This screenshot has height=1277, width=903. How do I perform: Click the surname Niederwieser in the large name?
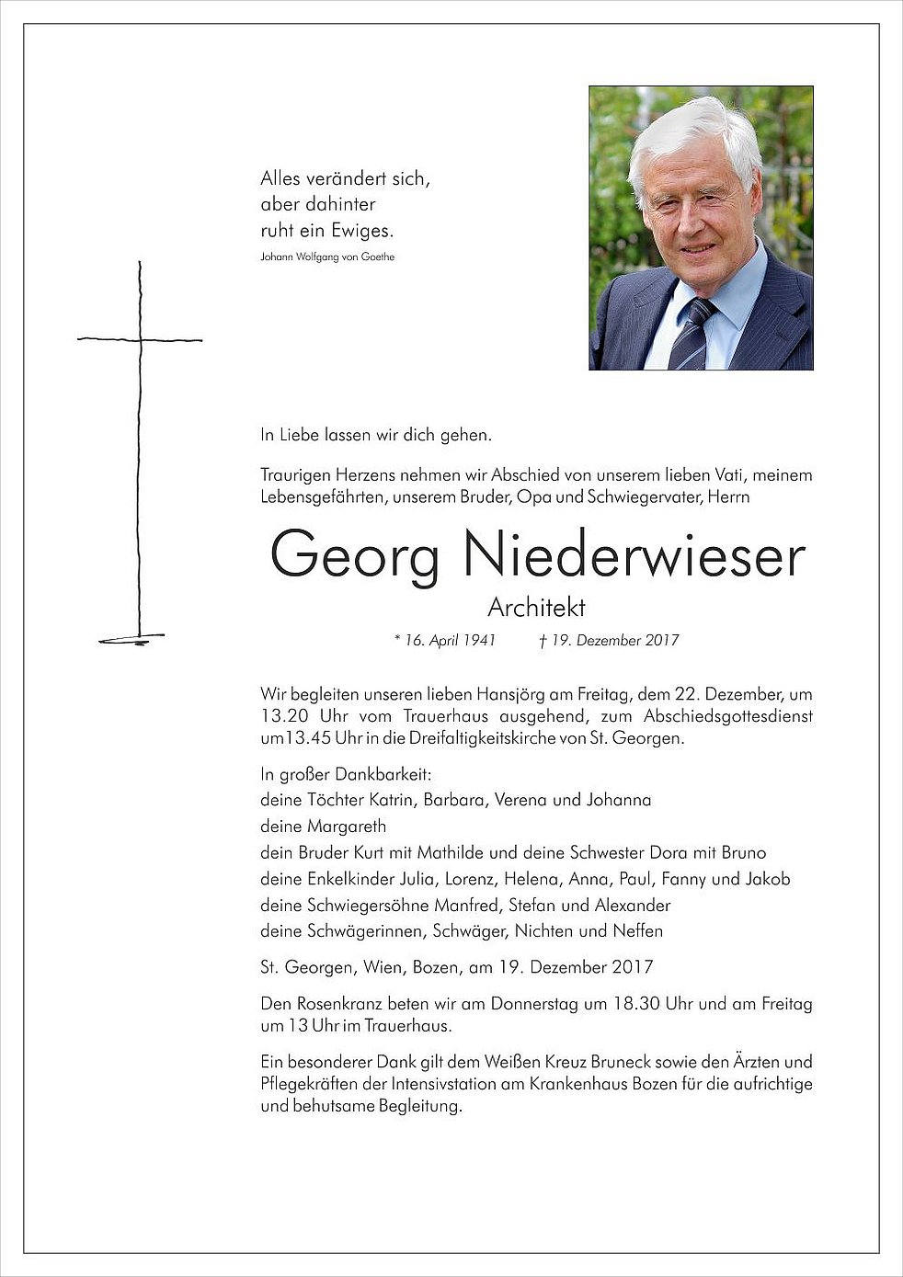634,555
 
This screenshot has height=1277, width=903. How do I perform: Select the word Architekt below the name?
536,608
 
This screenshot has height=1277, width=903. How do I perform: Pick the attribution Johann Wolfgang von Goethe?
327,257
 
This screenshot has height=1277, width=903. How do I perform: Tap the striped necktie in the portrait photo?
690,336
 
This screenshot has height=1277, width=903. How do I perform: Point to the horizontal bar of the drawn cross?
140,340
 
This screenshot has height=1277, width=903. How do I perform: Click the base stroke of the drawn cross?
131,639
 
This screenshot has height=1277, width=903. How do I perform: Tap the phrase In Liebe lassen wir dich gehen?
376,436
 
